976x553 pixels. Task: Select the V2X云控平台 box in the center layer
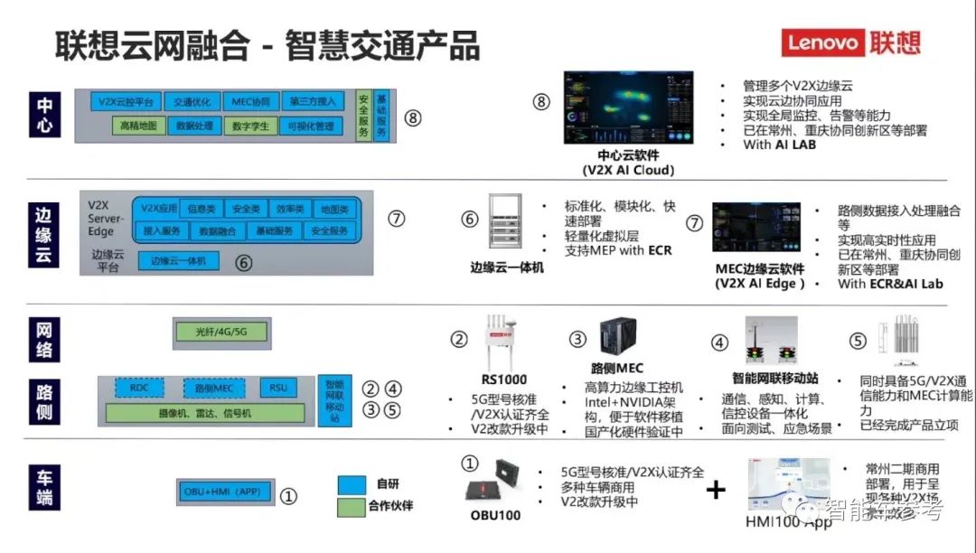(x=127, y=102)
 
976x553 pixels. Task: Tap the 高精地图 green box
(x=138, y=127)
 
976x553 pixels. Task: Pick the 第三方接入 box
(x=313, y=102)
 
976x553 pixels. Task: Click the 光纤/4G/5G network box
(x=221, y=333)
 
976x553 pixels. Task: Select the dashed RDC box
(x=139, y=389)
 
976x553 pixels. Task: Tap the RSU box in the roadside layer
(x=278, y=389)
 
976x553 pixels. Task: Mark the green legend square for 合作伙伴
(x=352, y=506)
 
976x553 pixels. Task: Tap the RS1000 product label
(x=504, y=380)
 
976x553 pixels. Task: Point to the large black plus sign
(x=716, y=491)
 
